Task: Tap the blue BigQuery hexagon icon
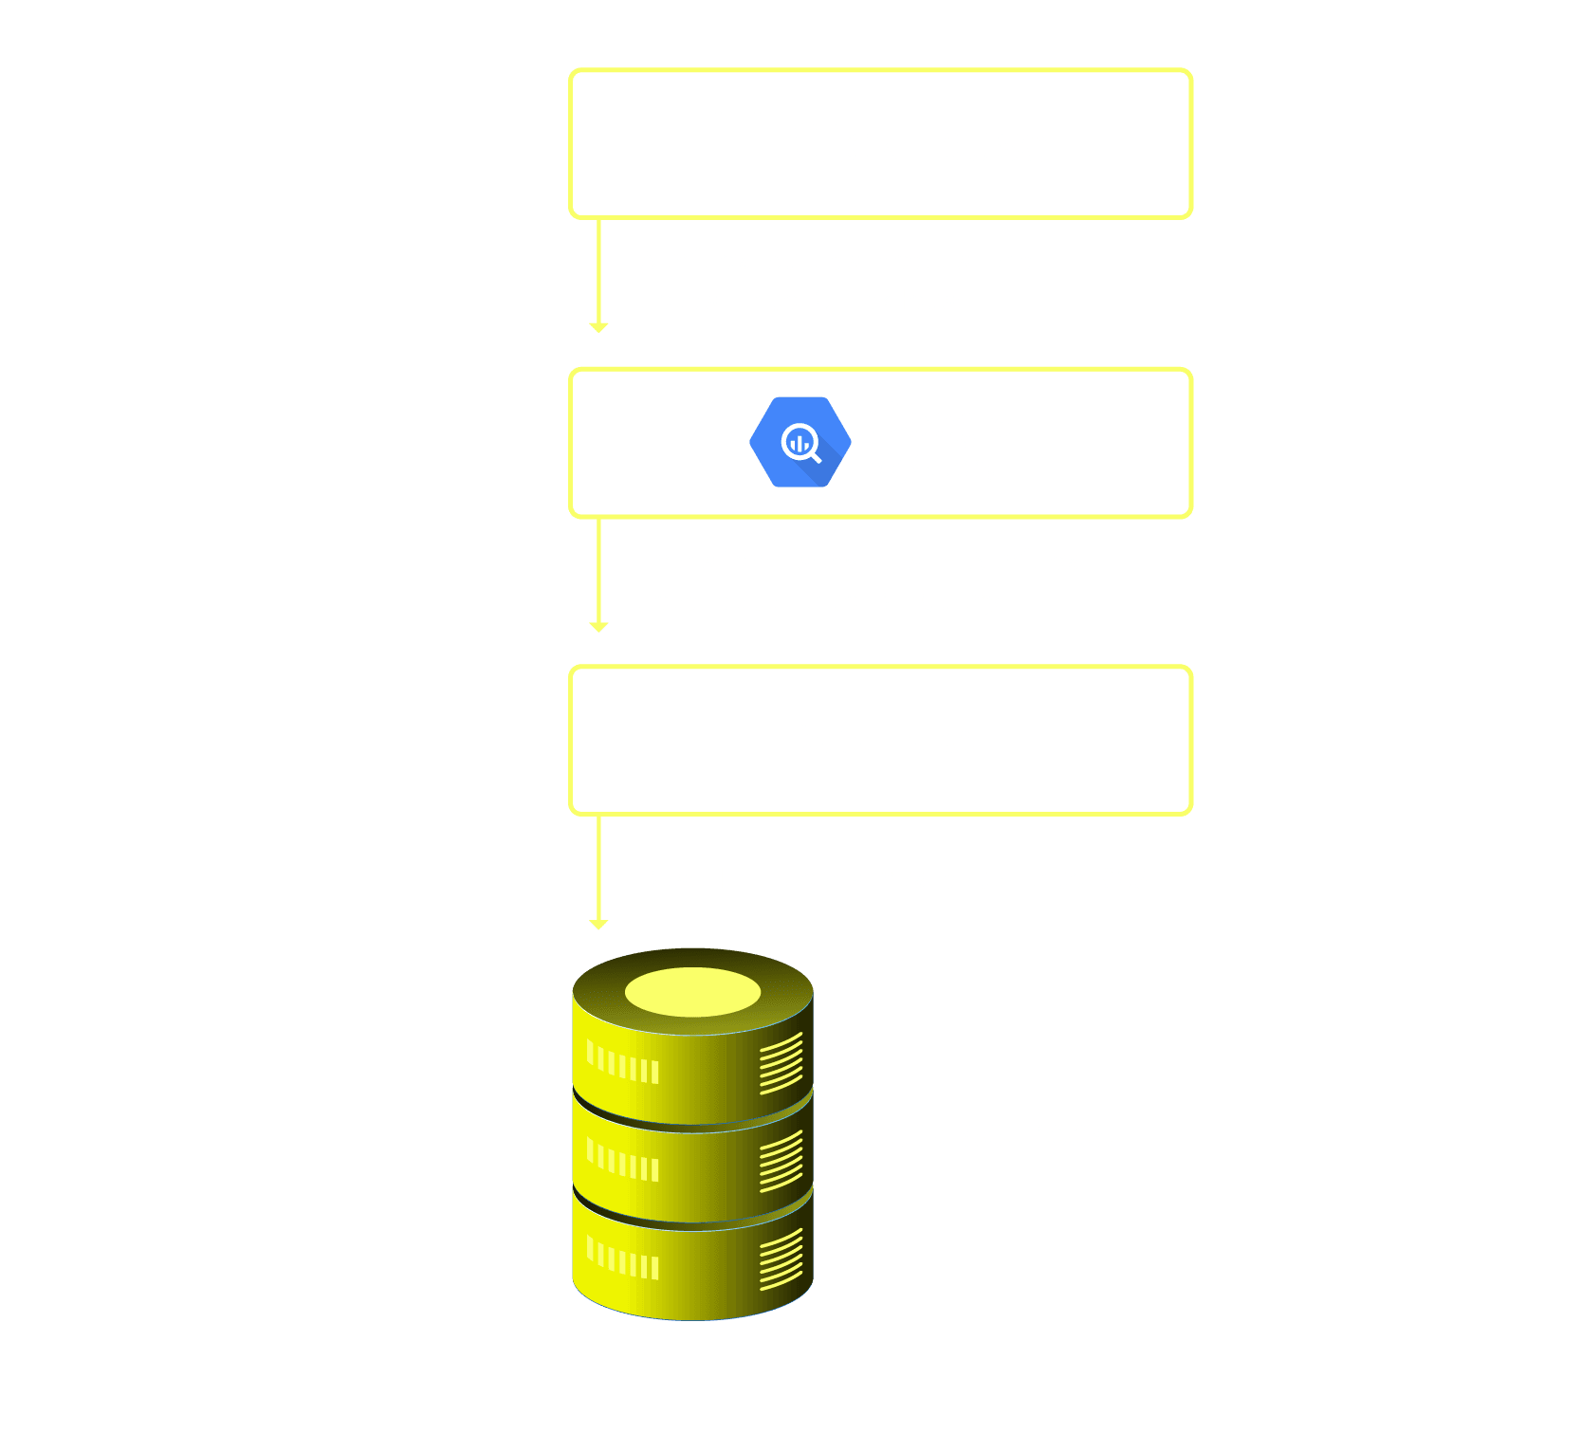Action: click(x=800, y=442)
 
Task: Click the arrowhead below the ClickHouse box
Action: click(x=598, y=327)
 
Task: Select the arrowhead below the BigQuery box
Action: click(x=598, y=627)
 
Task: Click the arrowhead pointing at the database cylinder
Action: click(x=598, y=925)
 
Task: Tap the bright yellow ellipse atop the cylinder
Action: click(x=692, y=992)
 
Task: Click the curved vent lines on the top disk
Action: click(x=781, y=1063)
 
